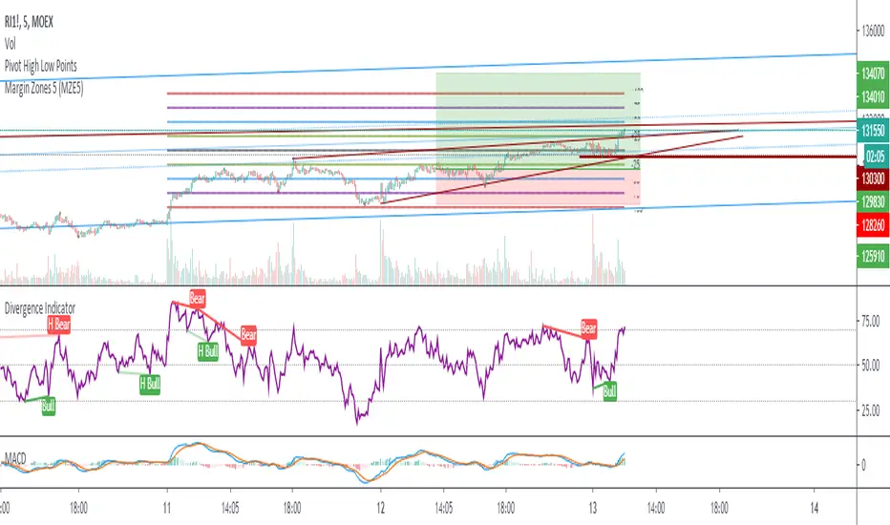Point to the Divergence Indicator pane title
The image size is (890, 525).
tap(41, 309)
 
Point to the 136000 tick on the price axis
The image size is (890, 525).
tap(871, 31)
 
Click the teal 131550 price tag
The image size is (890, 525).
tap(870, 132)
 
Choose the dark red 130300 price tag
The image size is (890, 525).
tap(870, 178)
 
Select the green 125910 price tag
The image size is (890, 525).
tap(870, 255)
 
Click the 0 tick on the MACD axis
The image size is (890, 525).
tap(862, 466)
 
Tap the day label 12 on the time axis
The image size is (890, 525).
tap(380, 509)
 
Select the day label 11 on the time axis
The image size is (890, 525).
tap(166, 509)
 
